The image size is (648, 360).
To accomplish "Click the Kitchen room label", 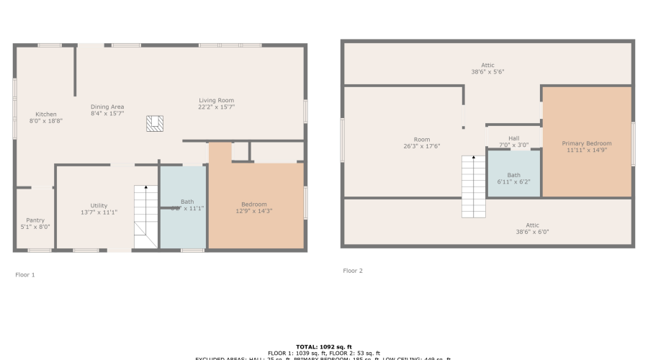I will pyautogui.click(x=46, y=114).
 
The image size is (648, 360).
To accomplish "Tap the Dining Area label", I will pyautogui.click(x=107, y=107).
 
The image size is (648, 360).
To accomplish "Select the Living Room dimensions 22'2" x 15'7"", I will pyautogui.click(x=217, y=107).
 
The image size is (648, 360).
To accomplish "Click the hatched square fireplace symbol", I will pyautogui.click(x=154, y=124).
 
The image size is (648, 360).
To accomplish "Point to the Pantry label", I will pyautogui.click(x=35, y=220).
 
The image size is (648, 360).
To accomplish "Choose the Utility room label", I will pyautogui.click(x=99, y=205).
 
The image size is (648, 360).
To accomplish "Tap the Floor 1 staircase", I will pyautogui.click(x=146, y=216).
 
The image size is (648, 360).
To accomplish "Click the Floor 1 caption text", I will pyautogui.click(x=25, y=274).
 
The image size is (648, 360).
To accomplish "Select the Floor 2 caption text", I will pyautogui.click(x=353, y=271).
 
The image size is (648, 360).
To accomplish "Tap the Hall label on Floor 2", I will pyautogui.click(x=513, y=138).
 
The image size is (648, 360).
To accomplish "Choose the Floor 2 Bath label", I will pyautogui.click(x=513, y=175).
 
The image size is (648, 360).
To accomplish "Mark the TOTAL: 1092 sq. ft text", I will pyautogui.click(x=323, y=346).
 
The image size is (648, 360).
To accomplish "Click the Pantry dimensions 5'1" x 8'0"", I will pyautogui.click(x=35, y=228).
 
